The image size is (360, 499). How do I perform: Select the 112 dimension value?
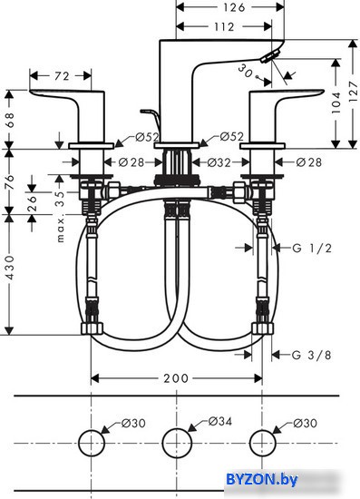click(227, 26)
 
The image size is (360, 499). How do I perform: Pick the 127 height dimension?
click(353, 91)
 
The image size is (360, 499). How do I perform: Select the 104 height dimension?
click(336, 105)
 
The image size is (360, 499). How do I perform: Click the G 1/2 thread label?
click(306, 247)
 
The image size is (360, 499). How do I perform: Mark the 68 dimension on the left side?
click(9, 116)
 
